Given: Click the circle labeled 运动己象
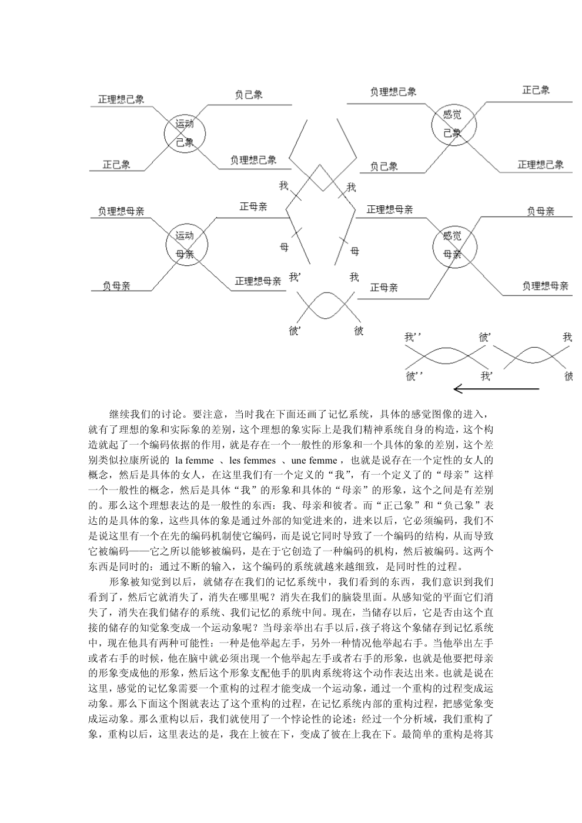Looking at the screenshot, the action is (x=164, y=134).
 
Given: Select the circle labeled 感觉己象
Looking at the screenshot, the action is (x=432, y=125).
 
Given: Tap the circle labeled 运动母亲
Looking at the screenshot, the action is (x=166, y=245).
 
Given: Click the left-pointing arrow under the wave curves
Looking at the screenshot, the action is (x=496, y=389).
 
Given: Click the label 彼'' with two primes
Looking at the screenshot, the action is (x=414, y=376).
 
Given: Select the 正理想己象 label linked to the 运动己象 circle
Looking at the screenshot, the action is (x=121, y=99).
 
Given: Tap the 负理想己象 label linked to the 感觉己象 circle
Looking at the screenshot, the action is (x=393, y=92).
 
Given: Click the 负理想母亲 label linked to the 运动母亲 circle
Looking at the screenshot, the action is (x=121, y=211).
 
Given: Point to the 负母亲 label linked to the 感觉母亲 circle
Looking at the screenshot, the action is (x=540, y=211).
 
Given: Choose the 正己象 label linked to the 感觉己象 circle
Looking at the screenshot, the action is (x=536, y=90).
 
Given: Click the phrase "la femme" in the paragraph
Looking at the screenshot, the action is (x=194, y=461).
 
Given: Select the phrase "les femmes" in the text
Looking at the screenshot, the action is (x=252, y=461).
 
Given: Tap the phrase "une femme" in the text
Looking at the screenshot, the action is (x=314, y=461).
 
